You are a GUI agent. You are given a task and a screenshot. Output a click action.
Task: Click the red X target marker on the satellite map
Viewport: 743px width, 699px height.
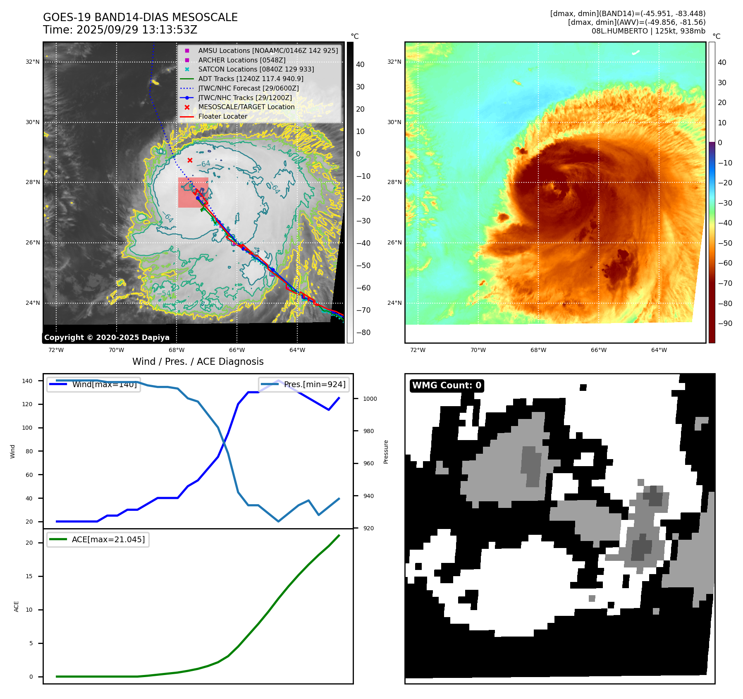click(190, 160)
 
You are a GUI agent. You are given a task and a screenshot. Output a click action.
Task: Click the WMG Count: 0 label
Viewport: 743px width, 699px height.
click(447, 385)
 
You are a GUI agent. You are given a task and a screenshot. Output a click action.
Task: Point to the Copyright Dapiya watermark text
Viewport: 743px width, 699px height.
click(107, 338)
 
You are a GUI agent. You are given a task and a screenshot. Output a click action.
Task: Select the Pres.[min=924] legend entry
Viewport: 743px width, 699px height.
click(314, 384)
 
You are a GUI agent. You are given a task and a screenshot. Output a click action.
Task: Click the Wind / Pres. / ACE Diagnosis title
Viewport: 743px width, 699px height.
click(198, 361)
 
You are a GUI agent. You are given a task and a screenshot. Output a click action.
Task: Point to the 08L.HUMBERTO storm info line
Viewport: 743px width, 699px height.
click(648, 31)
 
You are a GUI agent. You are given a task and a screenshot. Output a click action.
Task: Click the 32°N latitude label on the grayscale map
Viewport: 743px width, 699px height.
click(33, 62)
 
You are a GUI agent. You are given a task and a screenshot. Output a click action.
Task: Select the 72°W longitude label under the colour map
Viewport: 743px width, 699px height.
click(418, 350)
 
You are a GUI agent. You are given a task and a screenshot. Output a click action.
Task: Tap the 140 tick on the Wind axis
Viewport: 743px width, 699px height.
click(27, 381)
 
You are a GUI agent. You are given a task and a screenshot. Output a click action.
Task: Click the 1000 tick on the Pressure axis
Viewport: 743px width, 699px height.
click(370, 399)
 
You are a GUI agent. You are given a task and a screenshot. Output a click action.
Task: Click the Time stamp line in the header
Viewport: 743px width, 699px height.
click(120, 30)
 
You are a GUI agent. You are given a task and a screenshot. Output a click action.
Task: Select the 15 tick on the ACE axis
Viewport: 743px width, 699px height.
click(29, 576)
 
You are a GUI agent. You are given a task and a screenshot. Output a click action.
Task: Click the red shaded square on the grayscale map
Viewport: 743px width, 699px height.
click(193, 193)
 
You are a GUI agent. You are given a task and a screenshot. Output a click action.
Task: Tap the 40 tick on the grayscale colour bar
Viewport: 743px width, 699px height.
click(360, 65)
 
